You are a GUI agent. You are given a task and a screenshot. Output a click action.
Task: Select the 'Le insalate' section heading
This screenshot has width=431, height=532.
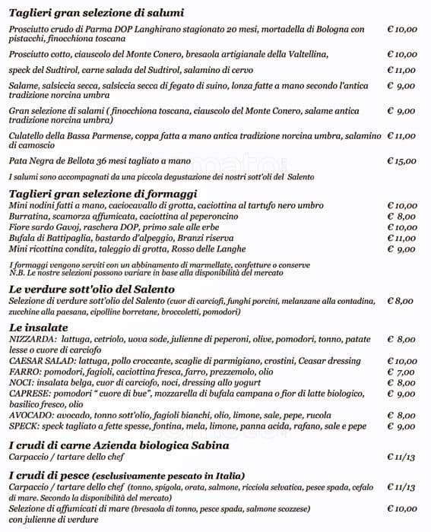[x=40, y=327]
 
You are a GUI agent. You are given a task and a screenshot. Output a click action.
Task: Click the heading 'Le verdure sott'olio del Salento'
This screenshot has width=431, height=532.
[x=92, y=289]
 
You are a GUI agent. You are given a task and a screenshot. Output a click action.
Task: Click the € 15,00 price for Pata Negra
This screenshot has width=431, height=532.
[x=401, y=161]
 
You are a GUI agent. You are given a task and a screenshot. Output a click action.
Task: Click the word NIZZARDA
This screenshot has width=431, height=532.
[x=30, y=340]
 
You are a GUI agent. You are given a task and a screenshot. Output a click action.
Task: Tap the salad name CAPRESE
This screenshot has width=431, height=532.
[x=28, y=394]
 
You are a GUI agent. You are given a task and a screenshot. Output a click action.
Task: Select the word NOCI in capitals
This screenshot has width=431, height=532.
[x=20, y=383]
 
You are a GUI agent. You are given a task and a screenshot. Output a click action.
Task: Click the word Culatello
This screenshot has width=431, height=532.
[x=28, y=136]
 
